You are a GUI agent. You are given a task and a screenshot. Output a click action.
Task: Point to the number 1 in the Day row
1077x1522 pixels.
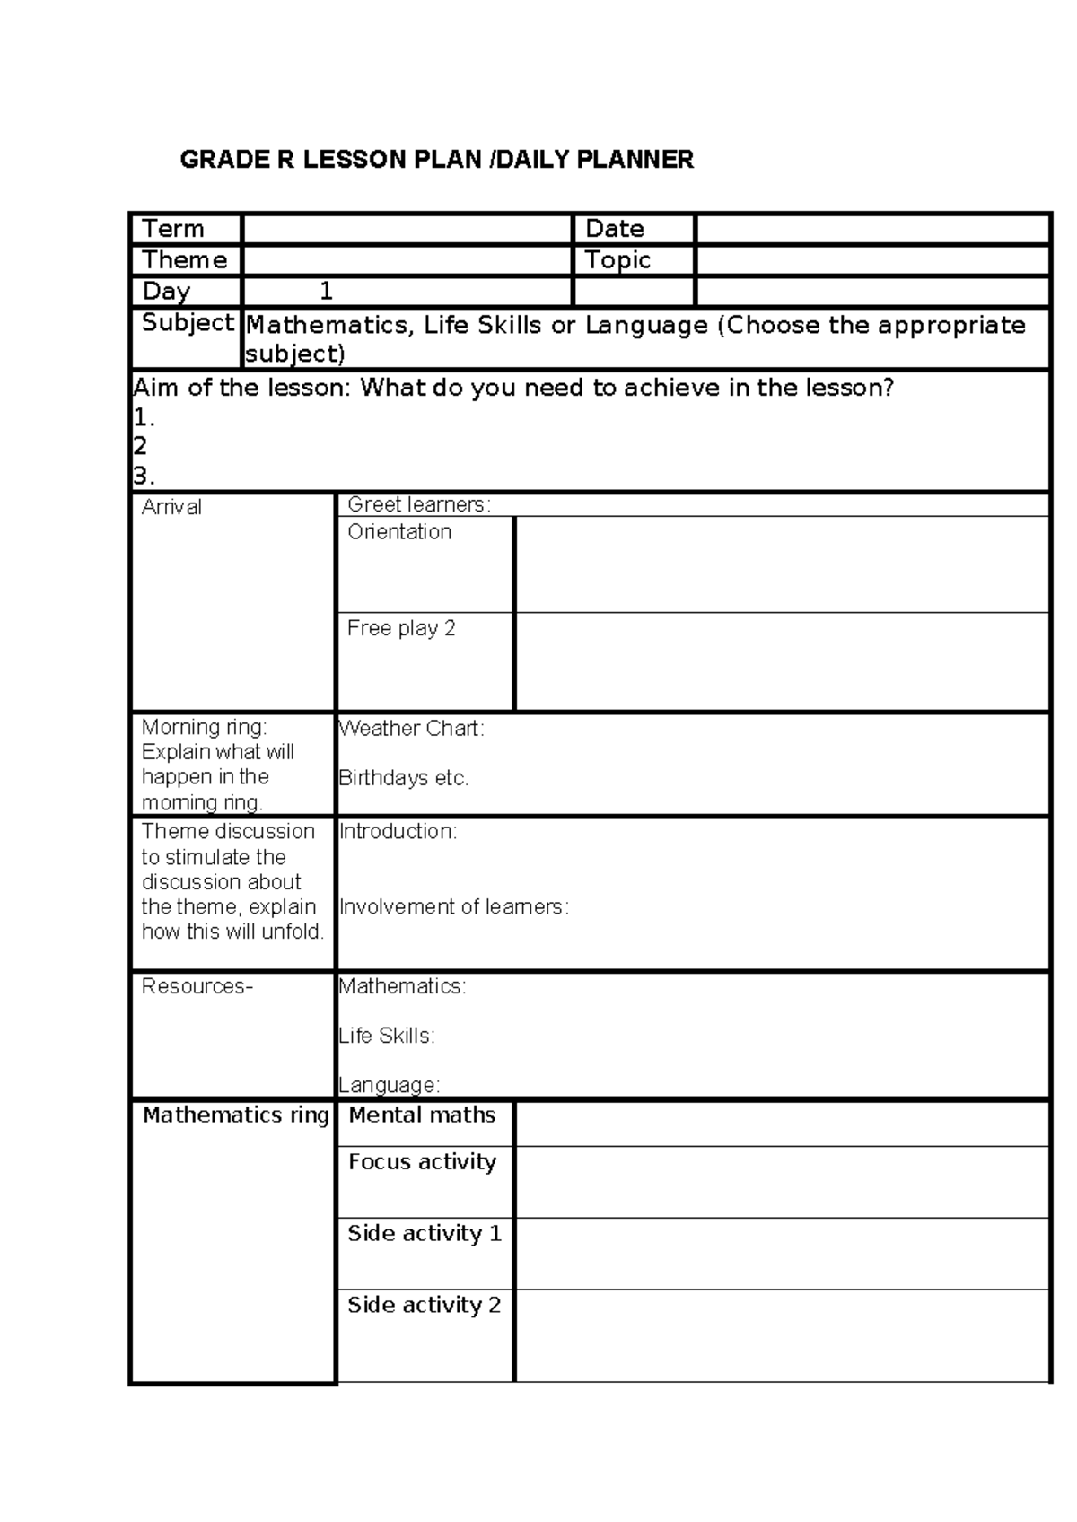click(x=326, y=292)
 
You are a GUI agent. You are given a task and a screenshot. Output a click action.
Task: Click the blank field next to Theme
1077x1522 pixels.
click(x=407, y=261)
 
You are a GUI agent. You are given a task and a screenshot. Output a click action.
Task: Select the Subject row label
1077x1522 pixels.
click(x=188, y=323)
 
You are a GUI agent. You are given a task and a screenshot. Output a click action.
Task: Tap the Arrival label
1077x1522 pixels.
click(x=171, y=507)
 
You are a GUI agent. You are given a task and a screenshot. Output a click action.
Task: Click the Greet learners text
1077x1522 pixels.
click(x=419, y=504)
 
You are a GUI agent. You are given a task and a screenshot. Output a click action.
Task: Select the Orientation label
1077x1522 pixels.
click(x=399, y=532)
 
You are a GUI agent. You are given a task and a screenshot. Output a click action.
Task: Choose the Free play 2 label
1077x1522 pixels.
click(x=401, y=628)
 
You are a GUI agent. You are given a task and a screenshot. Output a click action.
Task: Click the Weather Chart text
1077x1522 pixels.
click(x=411, y=729)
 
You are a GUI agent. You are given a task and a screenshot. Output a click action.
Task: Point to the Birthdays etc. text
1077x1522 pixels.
click(x=404, y=778)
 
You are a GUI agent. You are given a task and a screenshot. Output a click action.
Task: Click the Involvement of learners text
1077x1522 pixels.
click(x=454, y=907)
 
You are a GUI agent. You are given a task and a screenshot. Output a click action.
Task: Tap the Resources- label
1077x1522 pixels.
click(x=197, y=986)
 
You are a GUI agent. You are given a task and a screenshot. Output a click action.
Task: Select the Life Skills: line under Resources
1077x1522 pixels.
click(x=387, y=1036)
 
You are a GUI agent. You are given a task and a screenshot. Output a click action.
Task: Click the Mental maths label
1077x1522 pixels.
click(x=422, y=1115)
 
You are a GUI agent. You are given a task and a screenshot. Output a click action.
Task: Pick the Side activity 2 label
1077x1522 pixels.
click(x=424, y=1305)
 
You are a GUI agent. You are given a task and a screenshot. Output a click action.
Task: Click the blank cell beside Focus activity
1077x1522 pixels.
click(x=781, y=1182)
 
